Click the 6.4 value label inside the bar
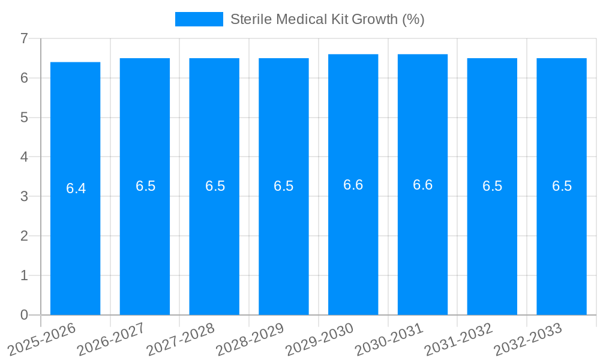click(76, 188)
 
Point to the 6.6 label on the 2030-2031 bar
click(422, 185)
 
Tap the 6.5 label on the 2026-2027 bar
click(145, 186)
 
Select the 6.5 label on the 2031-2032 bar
click(492, 186)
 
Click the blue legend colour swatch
click(199, 19)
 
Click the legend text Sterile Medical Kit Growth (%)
click(327, 19)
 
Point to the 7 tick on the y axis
click(24, 38)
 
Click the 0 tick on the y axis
click(24, 315)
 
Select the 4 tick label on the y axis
click(24, 157)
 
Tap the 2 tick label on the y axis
click(24, 236)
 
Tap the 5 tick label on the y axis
click(24, 118)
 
